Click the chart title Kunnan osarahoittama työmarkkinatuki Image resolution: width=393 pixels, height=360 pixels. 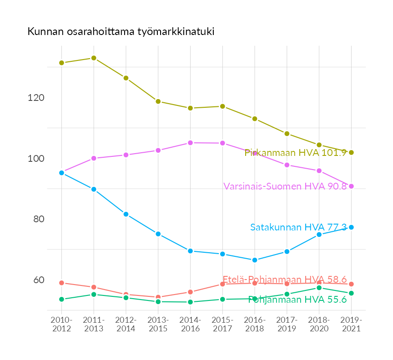(x=121, y=32)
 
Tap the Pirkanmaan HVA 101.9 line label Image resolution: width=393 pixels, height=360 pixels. (x=296, y=153)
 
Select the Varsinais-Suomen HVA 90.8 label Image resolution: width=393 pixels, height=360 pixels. (x=285, y=186)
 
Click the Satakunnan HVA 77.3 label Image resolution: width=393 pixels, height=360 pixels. (x=298, y=227)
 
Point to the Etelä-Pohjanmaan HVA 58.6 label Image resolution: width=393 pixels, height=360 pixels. (x=285, y=280)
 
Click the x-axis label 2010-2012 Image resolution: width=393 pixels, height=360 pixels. (x=61, y=325)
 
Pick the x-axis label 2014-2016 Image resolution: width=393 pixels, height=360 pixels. (x=190, y=325)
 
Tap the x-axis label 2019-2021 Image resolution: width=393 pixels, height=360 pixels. (x=351, y=325)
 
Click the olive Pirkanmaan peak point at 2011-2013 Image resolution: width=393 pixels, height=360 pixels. (x=94, y=58)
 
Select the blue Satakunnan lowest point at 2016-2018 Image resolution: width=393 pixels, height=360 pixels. (x=255, y=260)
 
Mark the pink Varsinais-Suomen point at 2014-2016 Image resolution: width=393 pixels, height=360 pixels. (x=190, y=143)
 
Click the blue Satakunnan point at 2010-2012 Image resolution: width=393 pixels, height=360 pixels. (x=61, y=173)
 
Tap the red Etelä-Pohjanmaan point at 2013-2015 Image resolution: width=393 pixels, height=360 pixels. (x=158, y=297)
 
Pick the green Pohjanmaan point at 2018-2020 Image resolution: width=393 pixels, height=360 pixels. (x=319, y=288)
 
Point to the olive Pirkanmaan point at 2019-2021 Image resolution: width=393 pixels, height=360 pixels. (x=351, y=153)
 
